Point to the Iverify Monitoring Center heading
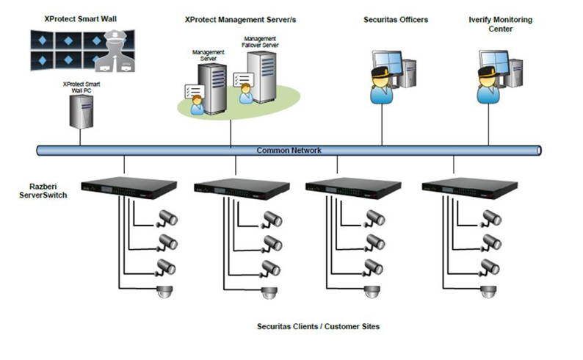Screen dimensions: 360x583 click(x=500, y=24)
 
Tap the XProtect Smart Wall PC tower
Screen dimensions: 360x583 click(x=82, y=109)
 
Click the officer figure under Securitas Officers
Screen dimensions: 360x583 click(x=382, y=87)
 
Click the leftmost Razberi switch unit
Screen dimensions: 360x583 click(x=129, y=188)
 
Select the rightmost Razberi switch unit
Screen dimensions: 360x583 click(x=471, y=188)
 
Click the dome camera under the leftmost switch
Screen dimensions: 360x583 click(x=162, y=292)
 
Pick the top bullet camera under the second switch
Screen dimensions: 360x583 click(x=274, y=218)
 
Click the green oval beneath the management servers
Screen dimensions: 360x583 click(x=239, y=105)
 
